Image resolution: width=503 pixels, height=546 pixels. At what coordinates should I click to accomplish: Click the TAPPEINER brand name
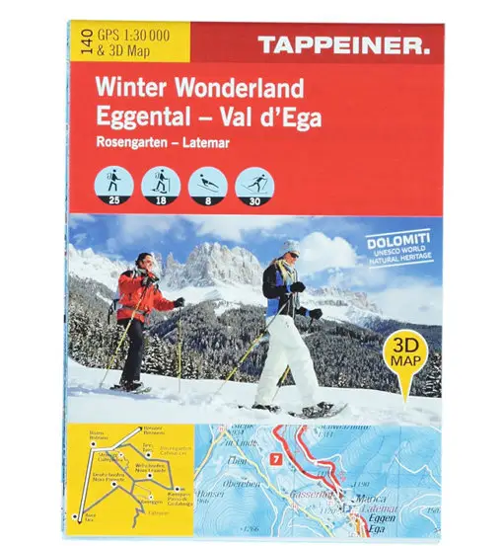point(342,43)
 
